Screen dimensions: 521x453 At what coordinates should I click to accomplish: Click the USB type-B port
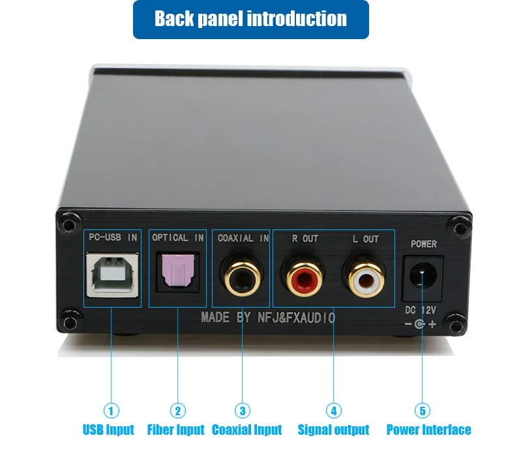pos(113,274)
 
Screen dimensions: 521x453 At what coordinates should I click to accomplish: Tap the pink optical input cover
pos(177,270)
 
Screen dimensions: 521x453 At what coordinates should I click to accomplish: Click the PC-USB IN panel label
pos(113,237)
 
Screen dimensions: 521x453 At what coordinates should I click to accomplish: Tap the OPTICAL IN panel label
pos(178,237)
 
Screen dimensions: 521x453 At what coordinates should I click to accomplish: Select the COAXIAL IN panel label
pos(243,238)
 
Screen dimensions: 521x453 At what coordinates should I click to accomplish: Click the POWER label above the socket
pos(424,244)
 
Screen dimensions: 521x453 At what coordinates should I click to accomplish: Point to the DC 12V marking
pos(421,310)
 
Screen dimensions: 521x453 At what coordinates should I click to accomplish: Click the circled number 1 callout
pos(111,411)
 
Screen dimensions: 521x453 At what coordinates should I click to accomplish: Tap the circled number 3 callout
pos(242,411)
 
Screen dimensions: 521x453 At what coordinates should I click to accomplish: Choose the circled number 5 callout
pos(423,411)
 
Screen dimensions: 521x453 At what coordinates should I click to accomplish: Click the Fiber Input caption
pos(176,430)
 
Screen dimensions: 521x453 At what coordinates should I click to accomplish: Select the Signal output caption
pos(333,430)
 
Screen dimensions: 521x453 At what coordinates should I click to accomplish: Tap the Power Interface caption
pos(428,430)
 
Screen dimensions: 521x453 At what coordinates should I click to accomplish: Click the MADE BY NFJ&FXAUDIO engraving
pos(268,318)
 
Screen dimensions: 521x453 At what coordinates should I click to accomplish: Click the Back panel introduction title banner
pos(251,20)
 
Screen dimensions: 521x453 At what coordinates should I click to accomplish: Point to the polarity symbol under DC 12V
pos(421,324)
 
